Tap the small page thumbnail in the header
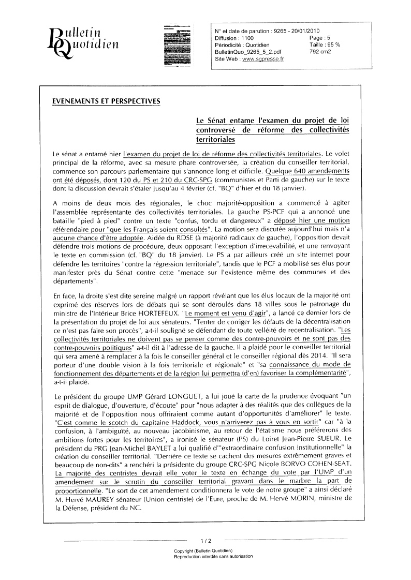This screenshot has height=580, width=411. (x=176, y=44)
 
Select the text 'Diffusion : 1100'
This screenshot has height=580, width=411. (x=234, y=38)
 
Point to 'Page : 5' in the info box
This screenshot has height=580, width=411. (x=321, y=38)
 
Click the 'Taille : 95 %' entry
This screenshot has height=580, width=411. (x=325, y=45)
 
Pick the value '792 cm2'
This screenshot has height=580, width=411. (x=320, y=52)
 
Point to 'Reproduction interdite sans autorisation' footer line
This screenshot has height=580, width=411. (x=213, y=556)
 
